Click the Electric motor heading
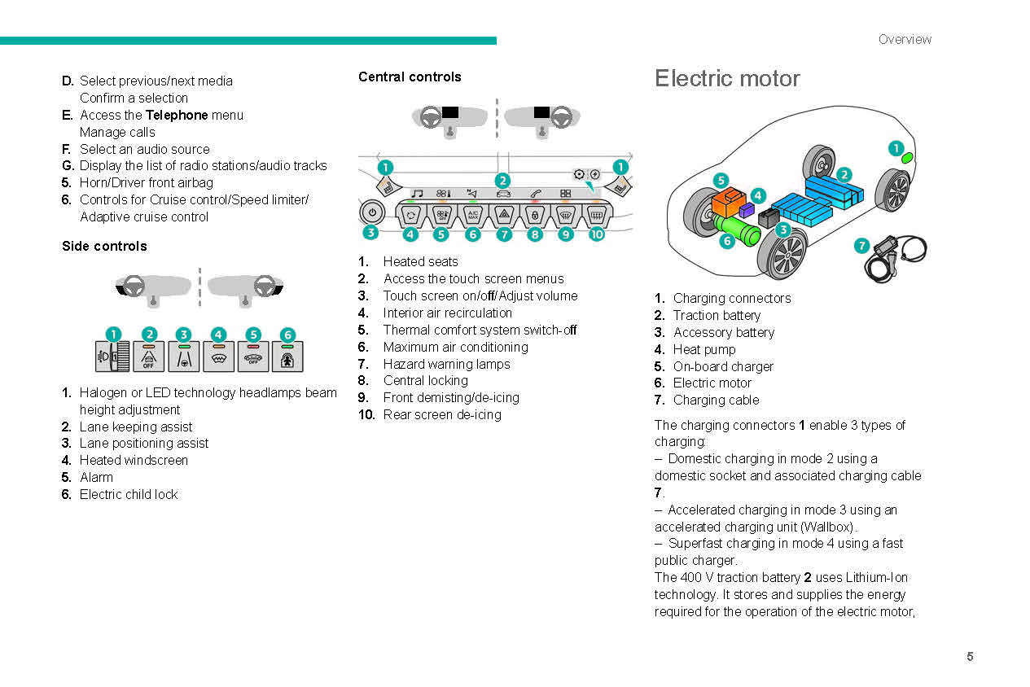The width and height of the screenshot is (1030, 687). pyautogui.click(x=727, y=78)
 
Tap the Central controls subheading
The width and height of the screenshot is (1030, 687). pyautogui.click(x=410, y=77)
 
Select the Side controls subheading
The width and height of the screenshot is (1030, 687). pyautogui.click(x=104, y=246)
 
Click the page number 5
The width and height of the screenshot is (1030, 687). pyautogui.click(x=970, y=657)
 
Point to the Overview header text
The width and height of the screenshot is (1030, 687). pyautogui.click(x=905, y=39)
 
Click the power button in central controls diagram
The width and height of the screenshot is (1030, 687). pyautogui.click(x=372, y=212)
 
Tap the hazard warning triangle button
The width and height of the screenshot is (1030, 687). pyautogui.click(x=504, y=216)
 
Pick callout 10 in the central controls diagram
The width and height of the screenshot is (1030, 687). pyautogui.click(x=597, y=234)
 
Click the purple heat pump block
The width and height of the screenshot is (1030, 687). pyautogui.click(x=746, y=211)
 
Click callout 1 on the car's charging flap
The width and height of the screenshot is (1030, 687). pyautogui.click(x=895, y=148)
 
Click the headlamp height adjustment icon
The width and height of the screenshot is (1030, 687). pyautogui.click(x=112, y=357)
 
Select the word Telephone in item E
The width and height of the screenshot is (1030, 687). pyautogui.click(x=177, y=115)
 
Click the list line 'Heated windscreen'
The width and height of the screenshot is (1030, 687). pyautogui.click(x=134, y=460)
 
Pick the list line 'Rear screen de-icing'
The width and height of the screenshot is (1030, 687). pyautogui.click(x=442, y=414)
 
